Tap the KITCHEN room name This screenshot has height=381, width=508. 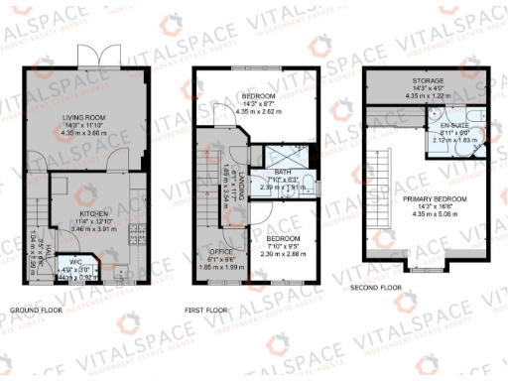[84, 212]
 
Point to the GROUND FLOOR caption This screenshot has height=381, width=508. [39, 310]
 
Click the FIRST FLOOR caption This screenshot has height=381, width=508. [206, 310]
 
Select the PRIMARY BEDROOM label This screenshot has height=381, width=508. [436, 198]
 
